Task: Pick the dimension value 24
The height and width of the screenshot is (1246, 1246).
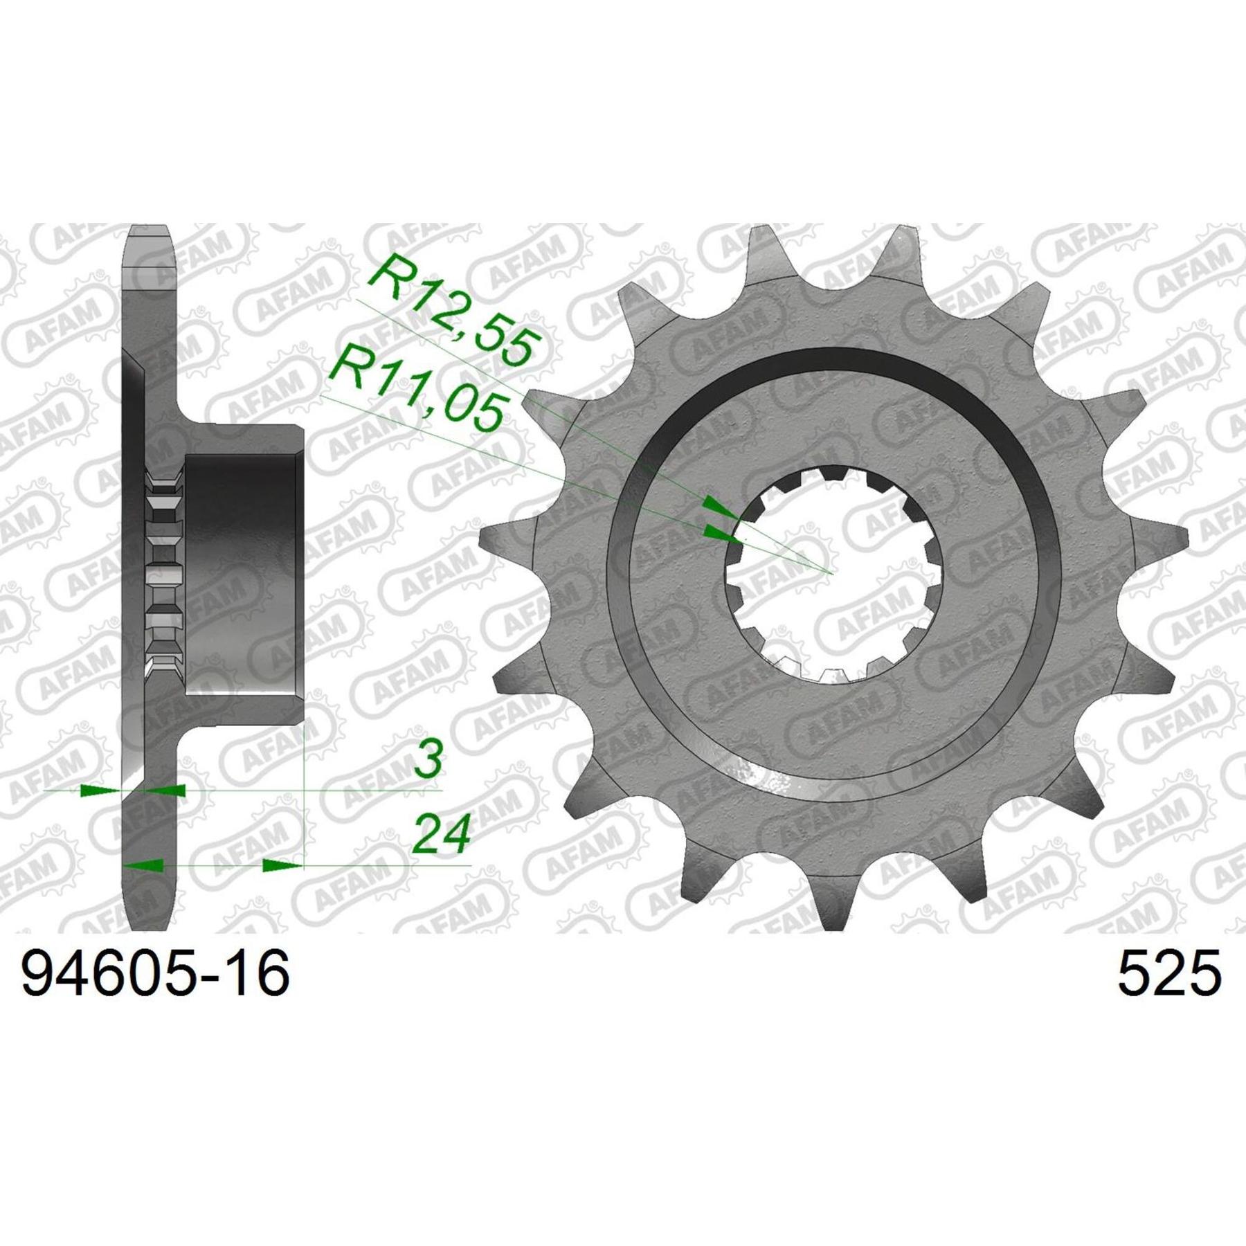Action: pos(441,833)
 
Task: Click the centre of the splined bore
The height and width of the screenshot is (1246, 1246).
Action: pos(831,572)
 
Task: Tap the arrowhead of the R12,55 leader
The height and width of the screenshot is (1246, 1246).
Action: pos(720,508)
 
